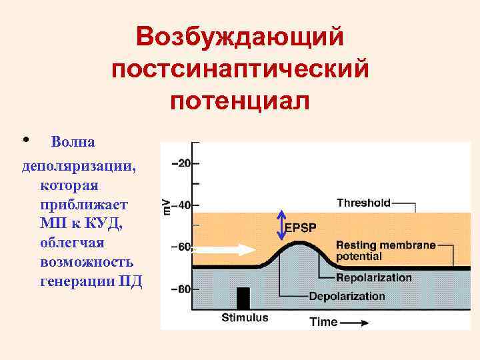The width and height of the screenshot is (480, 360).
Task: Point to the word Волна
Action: [73, 142]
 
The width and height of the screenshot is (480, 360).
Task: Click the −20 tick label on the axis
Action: [181, 163]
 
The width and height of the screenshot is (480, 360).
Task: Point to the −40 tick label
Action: [181, 205]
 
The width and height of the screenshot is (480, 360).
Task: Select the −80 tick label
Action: [181, 289]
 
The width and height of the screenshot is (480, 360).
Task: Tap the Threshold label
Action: [363, 202]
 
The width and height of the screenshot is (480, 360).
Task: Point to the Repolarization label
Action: [373, 277]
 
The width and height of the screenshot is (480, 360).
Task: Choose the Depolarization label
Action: [346, 296]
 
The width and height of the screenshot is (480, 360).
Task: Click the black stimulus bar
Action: [243, 297]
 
